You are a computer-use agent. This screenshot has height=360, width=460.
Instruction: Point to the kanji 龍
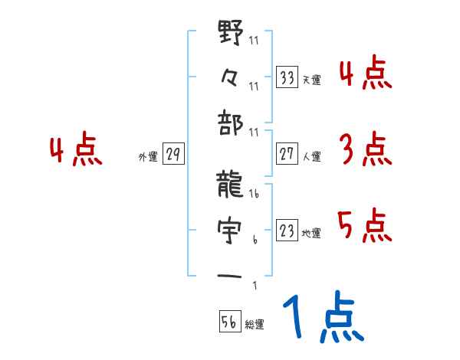(230, 186)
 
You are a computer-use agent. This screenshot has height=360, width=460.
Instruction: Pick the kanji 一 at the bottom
(230, 274)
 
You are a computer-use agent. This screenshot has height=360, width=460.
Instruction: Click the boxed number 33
(287, 77)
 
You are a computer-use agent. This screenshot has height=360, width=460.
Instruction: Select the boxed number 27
(287, 153)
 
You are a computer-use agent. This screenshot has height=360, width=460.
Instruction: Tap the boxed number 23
(287, 231)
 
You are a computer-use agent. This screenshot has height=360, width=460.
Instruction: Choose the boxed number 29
(173, 155)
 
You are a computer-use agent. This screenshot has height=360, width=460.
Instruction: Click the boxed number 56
(229, 322)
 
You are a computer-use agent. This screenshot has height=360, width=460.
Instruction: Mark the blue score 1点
(322, 318)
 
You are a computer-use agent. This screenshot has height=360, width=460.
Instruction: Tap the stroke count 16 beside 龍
(254, 195)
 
